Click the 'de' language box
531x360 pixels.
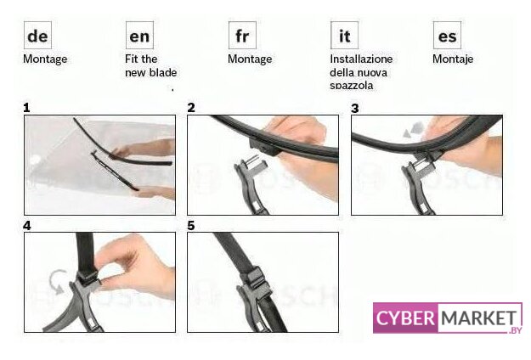37,35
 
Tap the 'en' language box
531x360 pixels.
139,35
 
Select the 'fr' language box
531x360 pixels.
242,35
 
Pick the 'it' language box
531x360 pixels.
344,35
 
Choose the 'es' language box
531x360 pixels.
447,35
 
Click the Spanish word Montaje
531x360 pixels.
453,59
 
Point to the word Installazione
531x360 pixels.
361,59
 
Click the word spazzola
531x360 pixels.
352,86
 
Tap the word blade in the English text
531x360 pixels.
165,72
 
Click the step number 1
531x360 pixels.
26,108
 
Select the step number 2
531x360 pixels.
191,108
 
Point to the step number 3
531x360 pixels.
354,109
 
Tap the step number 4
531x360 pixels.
26,226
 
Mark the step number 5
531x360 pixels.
191,226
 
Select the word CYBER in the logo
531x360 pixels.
405,318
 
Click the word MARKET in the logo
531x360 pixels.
479,318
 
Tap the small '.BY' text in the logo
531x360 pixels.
516,330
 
